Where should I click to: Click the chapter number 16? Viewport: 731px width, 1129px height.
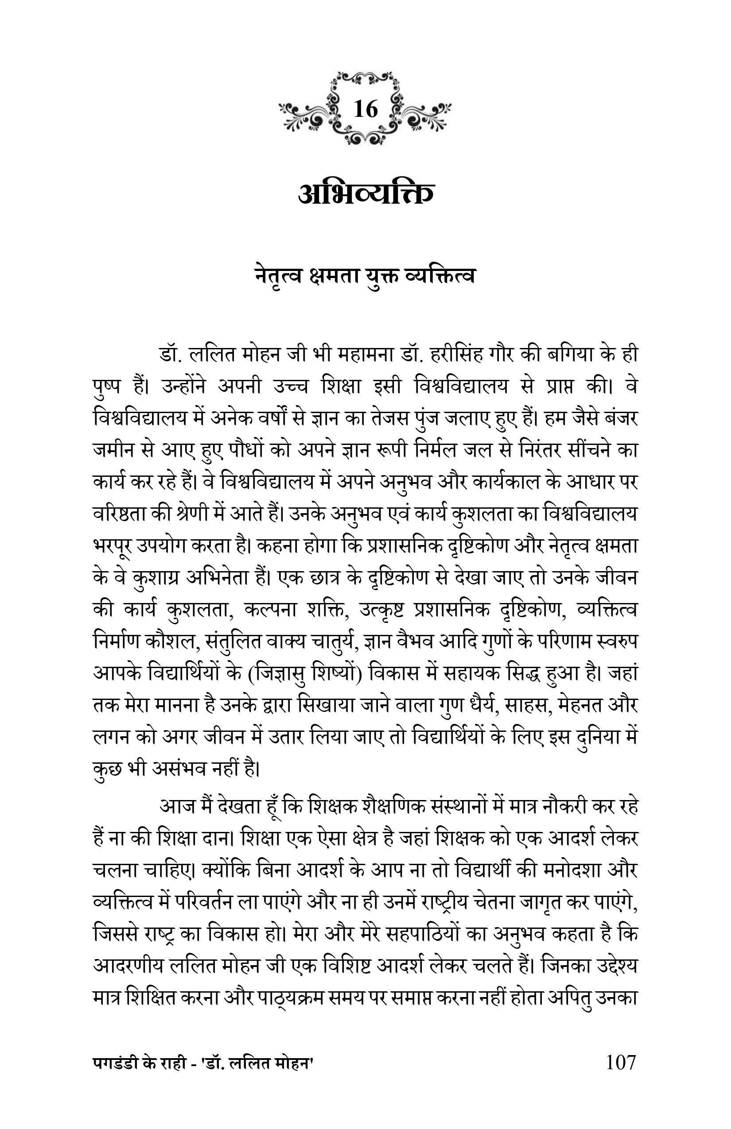365,110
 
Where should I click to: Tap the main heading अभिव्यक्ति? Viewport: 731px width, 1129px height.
365,194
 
